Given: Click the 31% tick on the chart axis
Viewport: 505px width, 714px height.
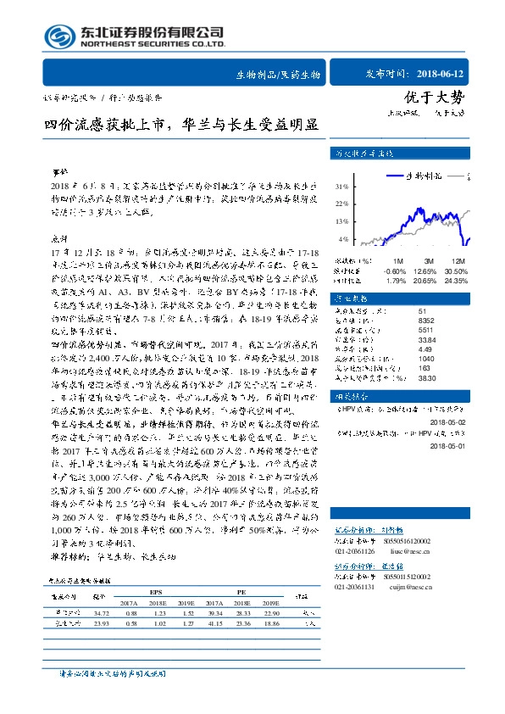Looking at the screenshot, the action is [366, 186].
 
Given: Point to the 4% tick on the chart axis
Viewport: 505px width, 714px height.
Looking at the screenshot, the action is [368, 240].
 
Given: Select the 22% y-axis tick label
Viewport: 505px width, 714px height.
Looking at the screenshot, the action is [366, 204].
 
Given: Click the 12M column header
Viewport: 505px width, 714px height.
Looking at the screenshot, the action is [459, 261].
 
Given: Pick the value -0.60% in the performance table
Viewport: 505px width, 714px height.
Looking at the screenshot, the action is [397, 271].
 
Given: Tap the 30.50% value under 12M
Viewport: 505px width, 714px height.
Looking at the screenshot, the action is [458, 271].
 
